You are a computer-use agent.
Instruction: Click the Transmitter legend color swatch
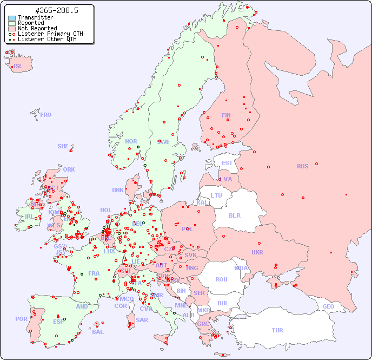[x=12, y=18]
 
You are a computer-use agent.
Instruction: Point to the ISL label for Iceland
[x=18, y=67]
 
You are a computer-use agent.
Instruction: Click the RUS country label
[x=302, y=166]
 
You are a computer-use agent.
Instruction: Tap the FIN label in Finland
[x=226, y=115]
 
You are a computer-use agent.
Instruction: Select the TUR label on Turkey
[x=277, y=330]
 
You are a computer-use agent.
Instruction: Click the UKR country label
[x=257, y=252]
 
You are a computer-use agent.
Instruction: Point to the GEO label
[x=328, y=306]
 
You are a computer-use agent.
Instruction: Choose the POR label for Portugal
[x=21, y=319]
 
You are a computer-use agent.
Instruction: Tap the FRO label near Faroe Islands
[x=45, y=115]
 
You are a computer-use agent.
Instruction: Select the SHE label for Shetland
[x=63, y=146]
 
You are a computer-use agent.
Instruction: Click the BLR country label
[x=235, y=215]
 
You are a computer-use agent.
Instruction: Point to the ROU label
[x=221, y=279]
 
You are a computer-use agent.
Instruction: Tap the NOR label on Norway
[x=131, y=141]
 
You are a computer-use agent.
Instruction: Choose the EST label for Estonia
[x=227, y=163]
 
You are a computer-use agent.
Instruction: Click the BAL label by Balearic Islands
[x=97, y=332]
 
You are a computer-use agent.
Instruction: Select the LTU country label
[x=216, y=195]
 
